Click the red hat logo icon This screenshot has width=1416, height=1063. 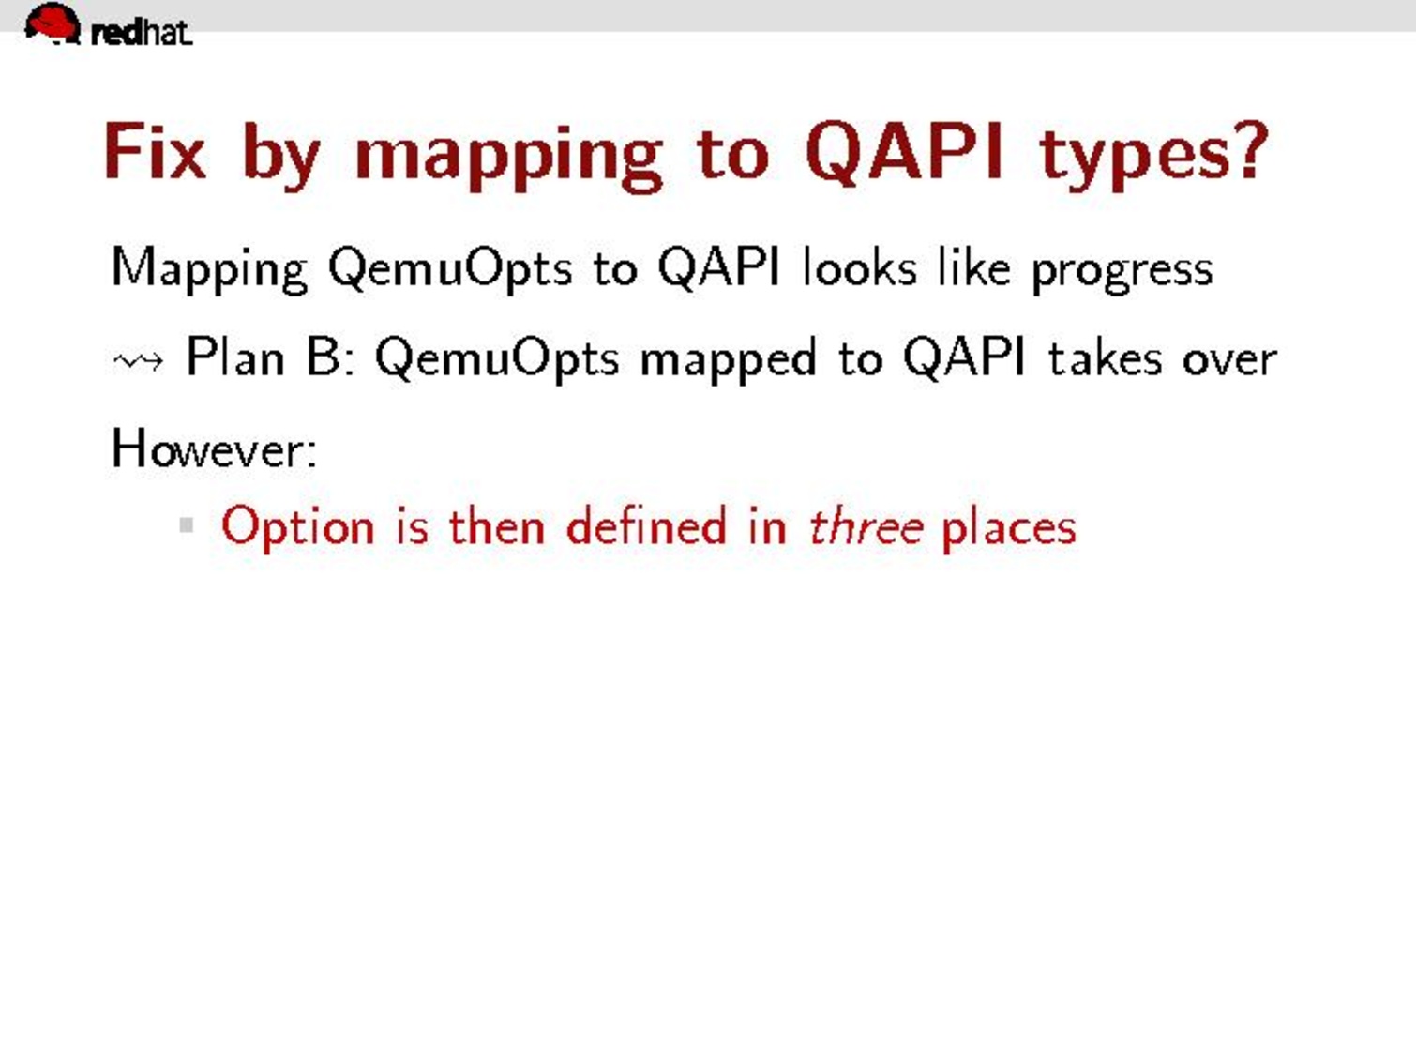pyautogui.click(x=53, y=23)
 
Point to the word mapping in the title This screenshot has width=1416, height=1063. pyautogui.click(x=509, y=157)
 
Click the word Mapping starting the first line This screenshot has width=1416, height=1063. pyautogui.click(x=209, y=269)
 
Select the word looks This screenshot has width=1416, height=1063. pyautogui.click(x=859, y=266)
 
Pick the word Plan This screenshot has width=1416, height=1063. pyautogui.click(x=234, y=356)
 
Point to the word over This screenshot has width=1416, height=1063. pyautogui.click(x=1229, y=361)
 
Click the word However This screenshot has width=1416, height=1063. pyautogui.click(x=214, y=448)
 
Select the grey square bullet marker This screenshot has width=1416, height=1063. pyautogui.click(x=187, y=524)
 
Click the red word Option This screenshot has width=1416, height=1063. pyautogui.click(x=297, y=529)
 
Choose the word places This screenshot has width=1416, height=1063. pyautogui.click(x=1009, y=529)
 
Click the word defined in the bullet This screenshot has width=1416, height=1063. pyautogui.click(x=646, y=525)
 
